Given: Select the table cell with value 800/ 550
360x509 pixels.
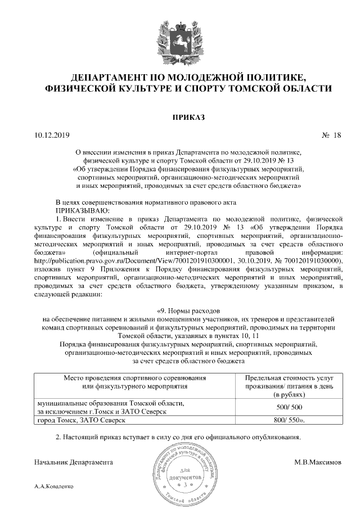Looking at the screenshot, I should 289,421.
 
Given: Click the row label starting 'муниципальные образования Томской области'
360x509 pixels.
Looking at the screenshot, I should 110,404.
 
